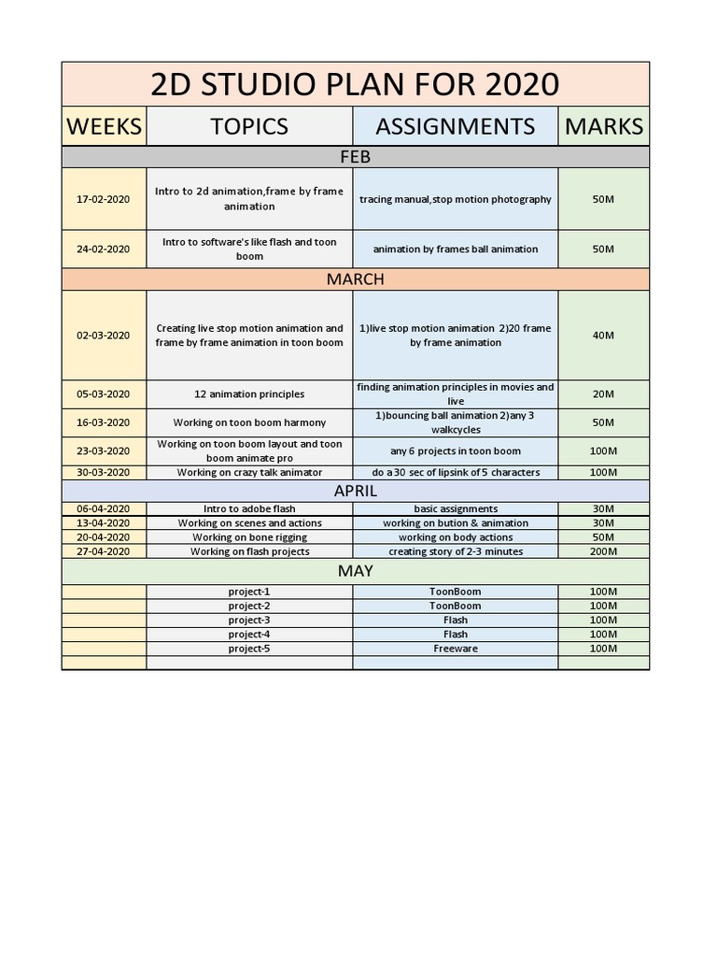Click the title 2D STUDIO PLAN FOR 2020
(x=355, y=85)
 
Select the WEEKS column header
(x=104, y=126)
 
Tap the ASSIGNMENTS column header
(x=456, y=126)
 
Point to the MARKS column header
(x=603, y=126)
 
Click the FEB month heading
(x=355, y=157)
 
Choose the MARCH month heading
(x=355, y=279)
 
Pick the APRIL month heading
(x=355, y=491)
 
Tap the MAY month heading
(x=355, y=571)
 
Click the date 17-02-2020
(x=104, y=199)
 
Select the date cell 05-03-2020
(x=104, y=393)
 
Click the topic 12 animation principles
(x=249, y=393)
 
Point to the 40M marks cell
(x=603, y=336)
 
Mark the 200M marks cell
(x=603, y=551)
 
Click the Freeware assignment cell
(x=456, y=649)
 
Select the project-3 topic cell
(x=249, y=620)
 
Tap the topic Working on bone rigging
(x=249, y=537)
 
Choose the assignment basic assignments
(x=456, y=509)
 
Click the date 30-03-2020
(x=104, y=472)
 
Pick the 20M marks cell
(x=603, y=393)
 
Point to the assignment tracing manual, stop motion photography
(x=456, y=199)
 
